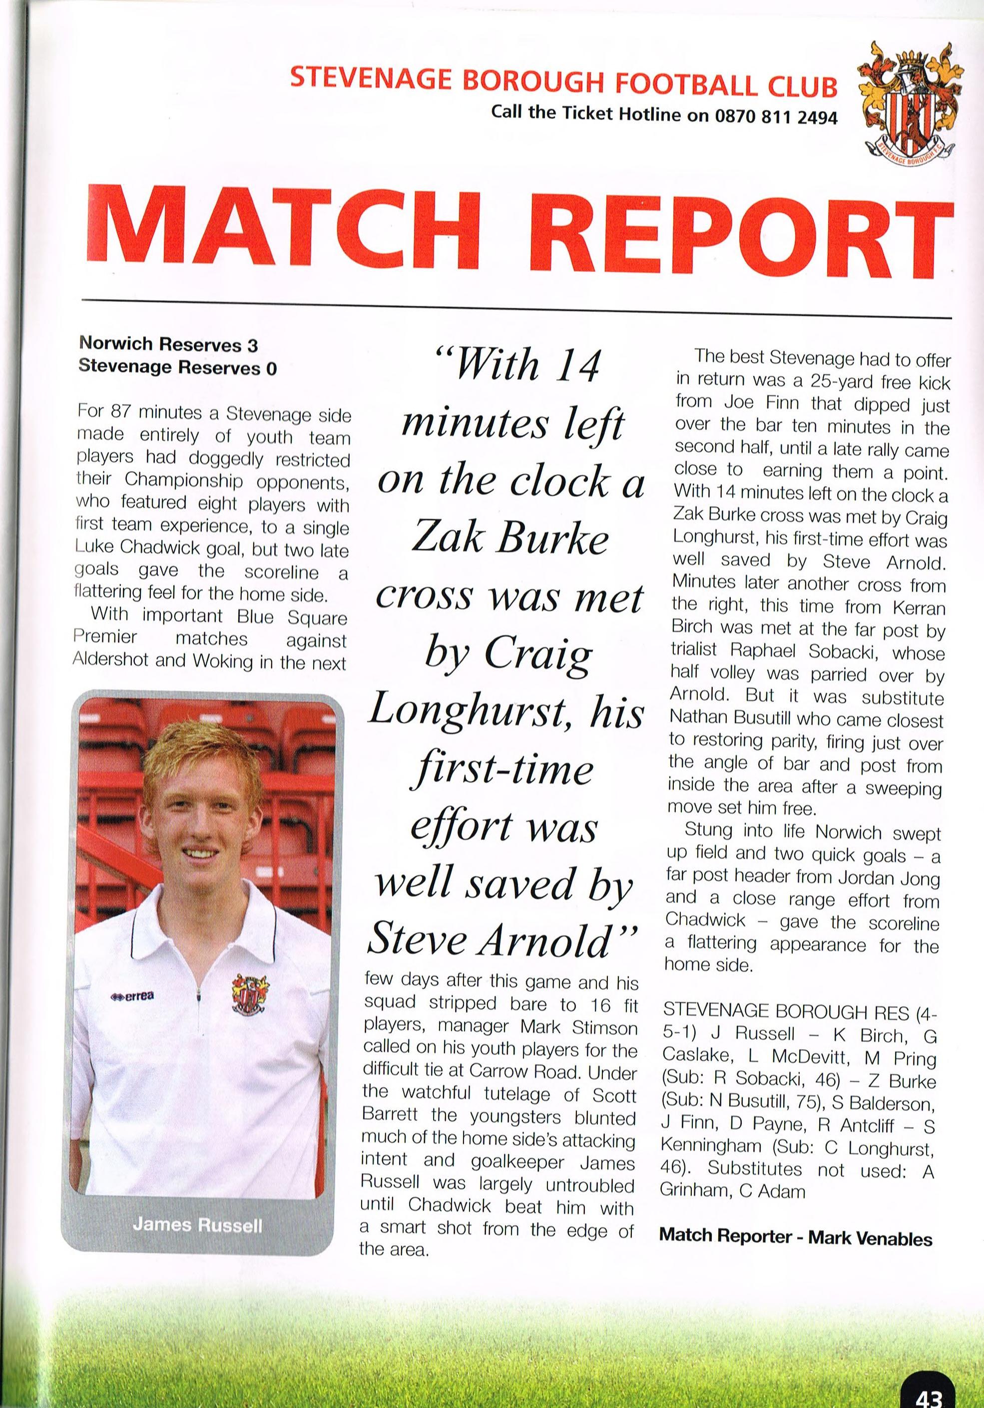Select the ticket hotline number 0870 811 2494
[x=776, y=116]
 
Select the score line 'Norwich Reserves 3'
[x=169, y=345]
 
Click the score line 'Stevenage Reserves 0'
[x=178, y=368]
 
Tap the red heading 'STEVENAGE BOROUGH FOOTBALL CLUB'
[x=563, y=83]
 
